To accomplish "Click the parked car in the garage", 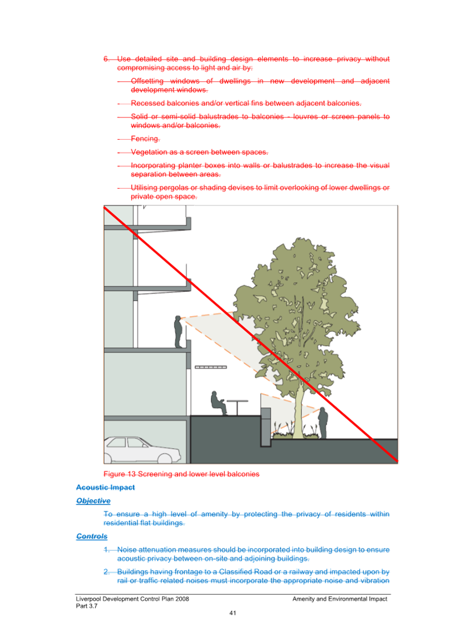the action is click(142, 450).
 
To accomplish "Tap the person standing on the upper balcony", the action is click(178, 332).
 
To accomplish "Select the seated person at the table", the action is click(219, 403).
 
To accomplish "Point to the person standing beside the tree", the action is click(323, 423).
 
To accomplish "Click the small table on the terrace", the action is click(237, 407).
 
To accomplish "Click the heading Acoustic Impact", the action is click(105, 487).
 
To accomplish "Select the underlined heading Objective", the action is click(93, 500).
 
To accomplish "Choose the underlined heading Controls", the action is click(92, 536).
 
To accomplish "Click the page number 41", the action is click(233, 613).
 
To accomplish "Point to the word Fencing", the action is click(145, 139).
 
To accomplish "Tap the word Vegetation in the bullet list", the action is click(149, 152).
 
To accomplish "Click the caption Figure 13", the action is click(120, 474).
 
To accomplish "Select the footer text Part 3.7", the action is click(86, 606).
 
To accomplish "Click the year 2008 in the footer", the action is click(182, 598).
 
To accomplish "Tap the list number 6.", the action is click(106, 59).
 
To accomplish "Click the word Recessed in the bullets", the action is click(148, 103).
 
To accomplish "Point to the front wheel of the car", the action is click(165, 459).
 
